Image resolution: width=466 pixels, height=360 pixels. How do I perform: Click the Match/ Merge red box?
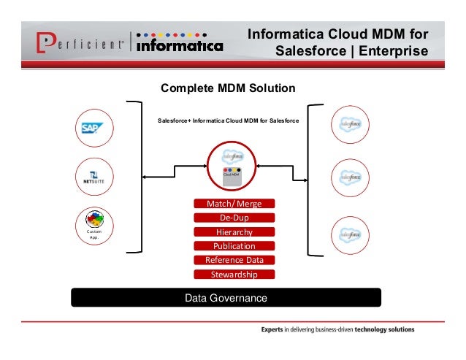pyautogui.click(x=234, y=203)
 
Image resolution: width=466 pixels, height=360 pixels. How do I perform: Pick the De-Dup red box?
pyautogui.click(x=234, y=218)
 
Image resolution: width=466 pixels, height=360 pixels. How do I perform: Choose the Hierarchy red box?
pyautogui.click(x=234, y=231)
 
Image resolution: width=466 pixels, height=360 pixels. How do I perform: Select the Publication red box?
pyautogui.click(x=234, y=246)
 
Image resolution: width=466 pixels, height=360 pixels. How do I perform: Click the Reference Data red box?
pyautogui.click(x=234, y=260)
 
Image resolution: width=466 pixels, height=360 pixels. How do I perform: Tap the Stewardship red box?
pyautogui.click(x=234, y=275)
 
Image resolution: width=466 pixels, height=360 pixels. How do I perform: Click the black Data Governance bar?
pyautogui.click(x=226, y=298)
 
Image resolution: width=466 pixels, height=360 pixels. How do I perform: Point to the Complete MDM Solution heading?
pyautogui.click(x=228, y=88)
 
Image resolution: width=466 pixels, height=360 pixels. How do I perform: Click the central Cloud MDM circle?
pyautogui.click(x=232, y=165)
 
